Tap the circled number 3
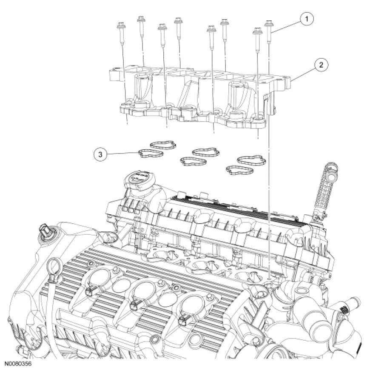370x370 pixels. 100,154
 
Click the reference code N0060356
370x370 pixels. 18,364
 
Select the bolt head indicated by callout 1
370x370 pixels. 269,23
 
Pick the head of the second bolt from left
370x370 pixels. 140,20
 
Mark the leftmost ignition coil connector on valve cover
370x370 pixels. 90,290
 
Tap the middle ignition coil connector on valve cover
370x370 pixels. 137,303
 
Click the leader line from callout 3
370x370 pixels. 123,153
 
